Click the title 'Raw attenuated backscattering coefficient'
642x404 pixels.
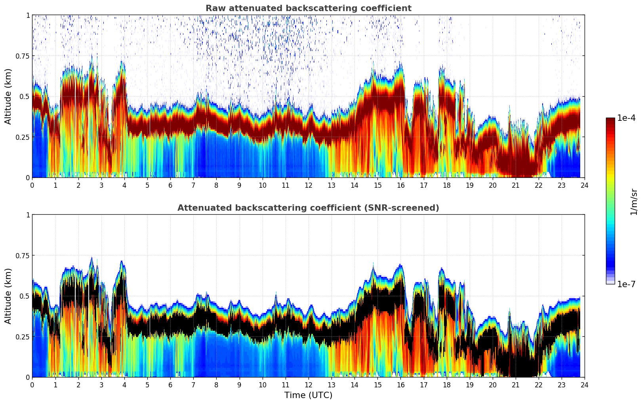coord(308,8)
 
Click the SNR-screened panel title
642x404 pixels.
coord(308,208)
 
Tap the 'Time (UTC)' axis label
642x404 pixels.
coord(308,395)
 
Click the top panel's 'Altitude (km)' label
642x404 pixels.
coord(8,96)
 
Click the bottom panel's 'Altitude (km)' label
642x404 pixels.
coord(8,296)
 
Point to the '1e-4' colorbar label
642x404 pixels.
coord(626,118)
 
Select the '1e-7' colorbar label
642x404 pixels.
coord(626,284)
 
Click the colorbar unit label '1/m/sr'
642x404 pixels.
coord(634,201)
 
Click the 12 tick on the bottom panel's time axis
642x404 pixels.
coord(309,385)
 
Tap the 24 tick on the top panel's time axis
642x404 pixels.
coord(585,185)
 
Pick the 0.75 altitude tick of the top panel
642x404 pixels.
coord(22,56)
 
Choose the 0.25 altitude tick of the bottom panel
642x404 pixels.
coord(22,337)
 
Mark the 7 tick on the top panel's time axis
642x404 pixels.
coord(193,185)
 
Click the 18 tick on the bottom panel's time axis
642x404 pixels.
coord(446,385)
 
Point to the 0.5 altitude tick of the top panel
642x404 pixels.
coord(25,96)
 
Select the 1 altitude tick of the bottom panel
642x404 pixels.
coord(28,215)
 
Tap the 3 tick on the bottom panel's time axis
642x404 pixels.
coord(101,385)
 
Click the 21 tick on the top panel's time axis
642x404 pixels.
coord(515,185)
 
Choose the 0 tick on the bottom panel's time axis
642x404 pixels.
coord(32,385)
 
